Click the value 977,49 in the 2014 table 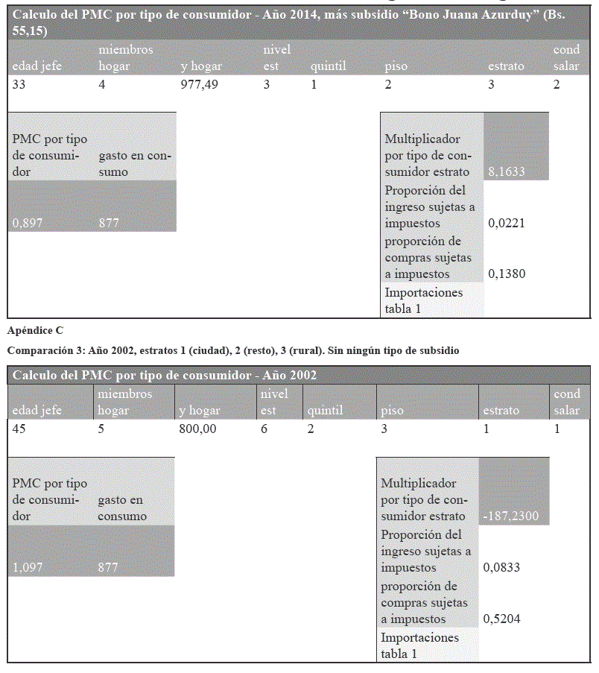200,84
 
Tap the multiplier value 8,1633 507,171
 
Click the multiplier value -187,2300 510,516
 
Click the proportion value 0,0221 507,223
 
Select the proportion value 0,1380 507,274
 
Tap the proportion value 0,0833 501,567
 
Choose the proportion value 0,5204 501,619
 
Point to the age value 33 19,84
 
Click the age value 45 20,429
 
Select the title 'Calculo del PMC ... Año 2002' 165,375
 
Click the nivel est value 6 264,429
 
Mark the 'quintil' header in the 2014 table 328,66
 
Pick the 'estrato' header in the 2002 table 501,410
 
